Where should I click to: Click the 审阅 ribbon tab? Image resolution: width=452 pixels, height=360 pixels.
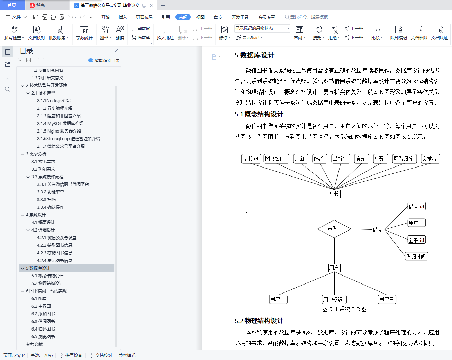click(x=183, y=17)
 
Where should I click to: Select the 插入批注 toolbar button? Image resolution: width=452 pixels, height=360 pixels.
click(x=165, y=33)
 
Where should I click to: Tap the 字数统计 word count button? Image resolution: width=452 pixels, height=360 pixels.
click(x=84, y=33)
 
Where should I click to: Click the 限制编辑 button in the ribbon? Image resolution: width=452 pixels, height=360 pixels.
click(x=398, y=33)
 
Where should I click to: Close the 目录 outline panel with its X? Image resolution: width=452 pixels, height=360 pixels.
click(x=116, y=51)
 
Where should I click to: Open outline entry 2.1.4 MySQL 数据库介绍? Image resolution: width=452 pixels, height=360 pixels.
click(x=60, y=123)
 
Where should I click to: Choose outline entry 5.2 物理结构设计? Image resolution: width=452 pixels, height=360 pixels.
click(x=47, y=283)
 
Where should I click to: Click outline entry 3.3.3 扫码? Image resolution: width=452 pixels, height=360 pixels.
click(x=46, y=199)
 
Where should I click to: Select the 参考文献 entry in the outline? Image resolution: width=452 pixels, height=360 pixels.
click(x=34, y=344)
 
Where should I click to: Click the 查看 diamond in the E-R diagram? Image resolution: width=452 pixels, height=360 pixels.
click(x=334, y=229)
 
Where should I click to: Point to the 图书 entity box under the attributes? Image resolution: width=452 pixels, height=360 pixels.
click(x=334, y=194)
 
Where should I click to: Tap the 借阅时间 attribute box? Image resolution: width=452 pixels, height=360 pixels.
click(x=416, y=256)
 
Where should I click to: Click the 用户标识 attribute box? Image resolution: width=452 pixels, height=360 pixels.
click(x=334, y=299)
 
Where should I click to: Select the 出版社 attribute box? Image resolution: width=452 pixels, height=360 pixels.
click(x=341, y=159)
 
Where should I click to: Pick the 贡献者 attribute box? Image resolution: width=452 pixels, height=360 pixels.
click(x=430, y=159)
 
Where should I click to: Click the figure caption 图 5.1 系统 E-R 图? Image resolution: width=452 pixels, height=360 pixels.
click(x=344, y=309)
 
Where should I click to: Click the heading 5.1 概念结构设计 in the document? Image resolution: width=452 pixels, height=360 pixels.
click(x=259, y=114)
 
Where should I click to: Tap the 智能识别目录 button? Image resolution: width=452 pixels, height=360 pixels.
click(x=104, y=61)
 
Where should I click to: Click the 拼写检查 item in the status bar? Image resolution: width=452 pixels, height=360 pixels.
click(x=70, y=355)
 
